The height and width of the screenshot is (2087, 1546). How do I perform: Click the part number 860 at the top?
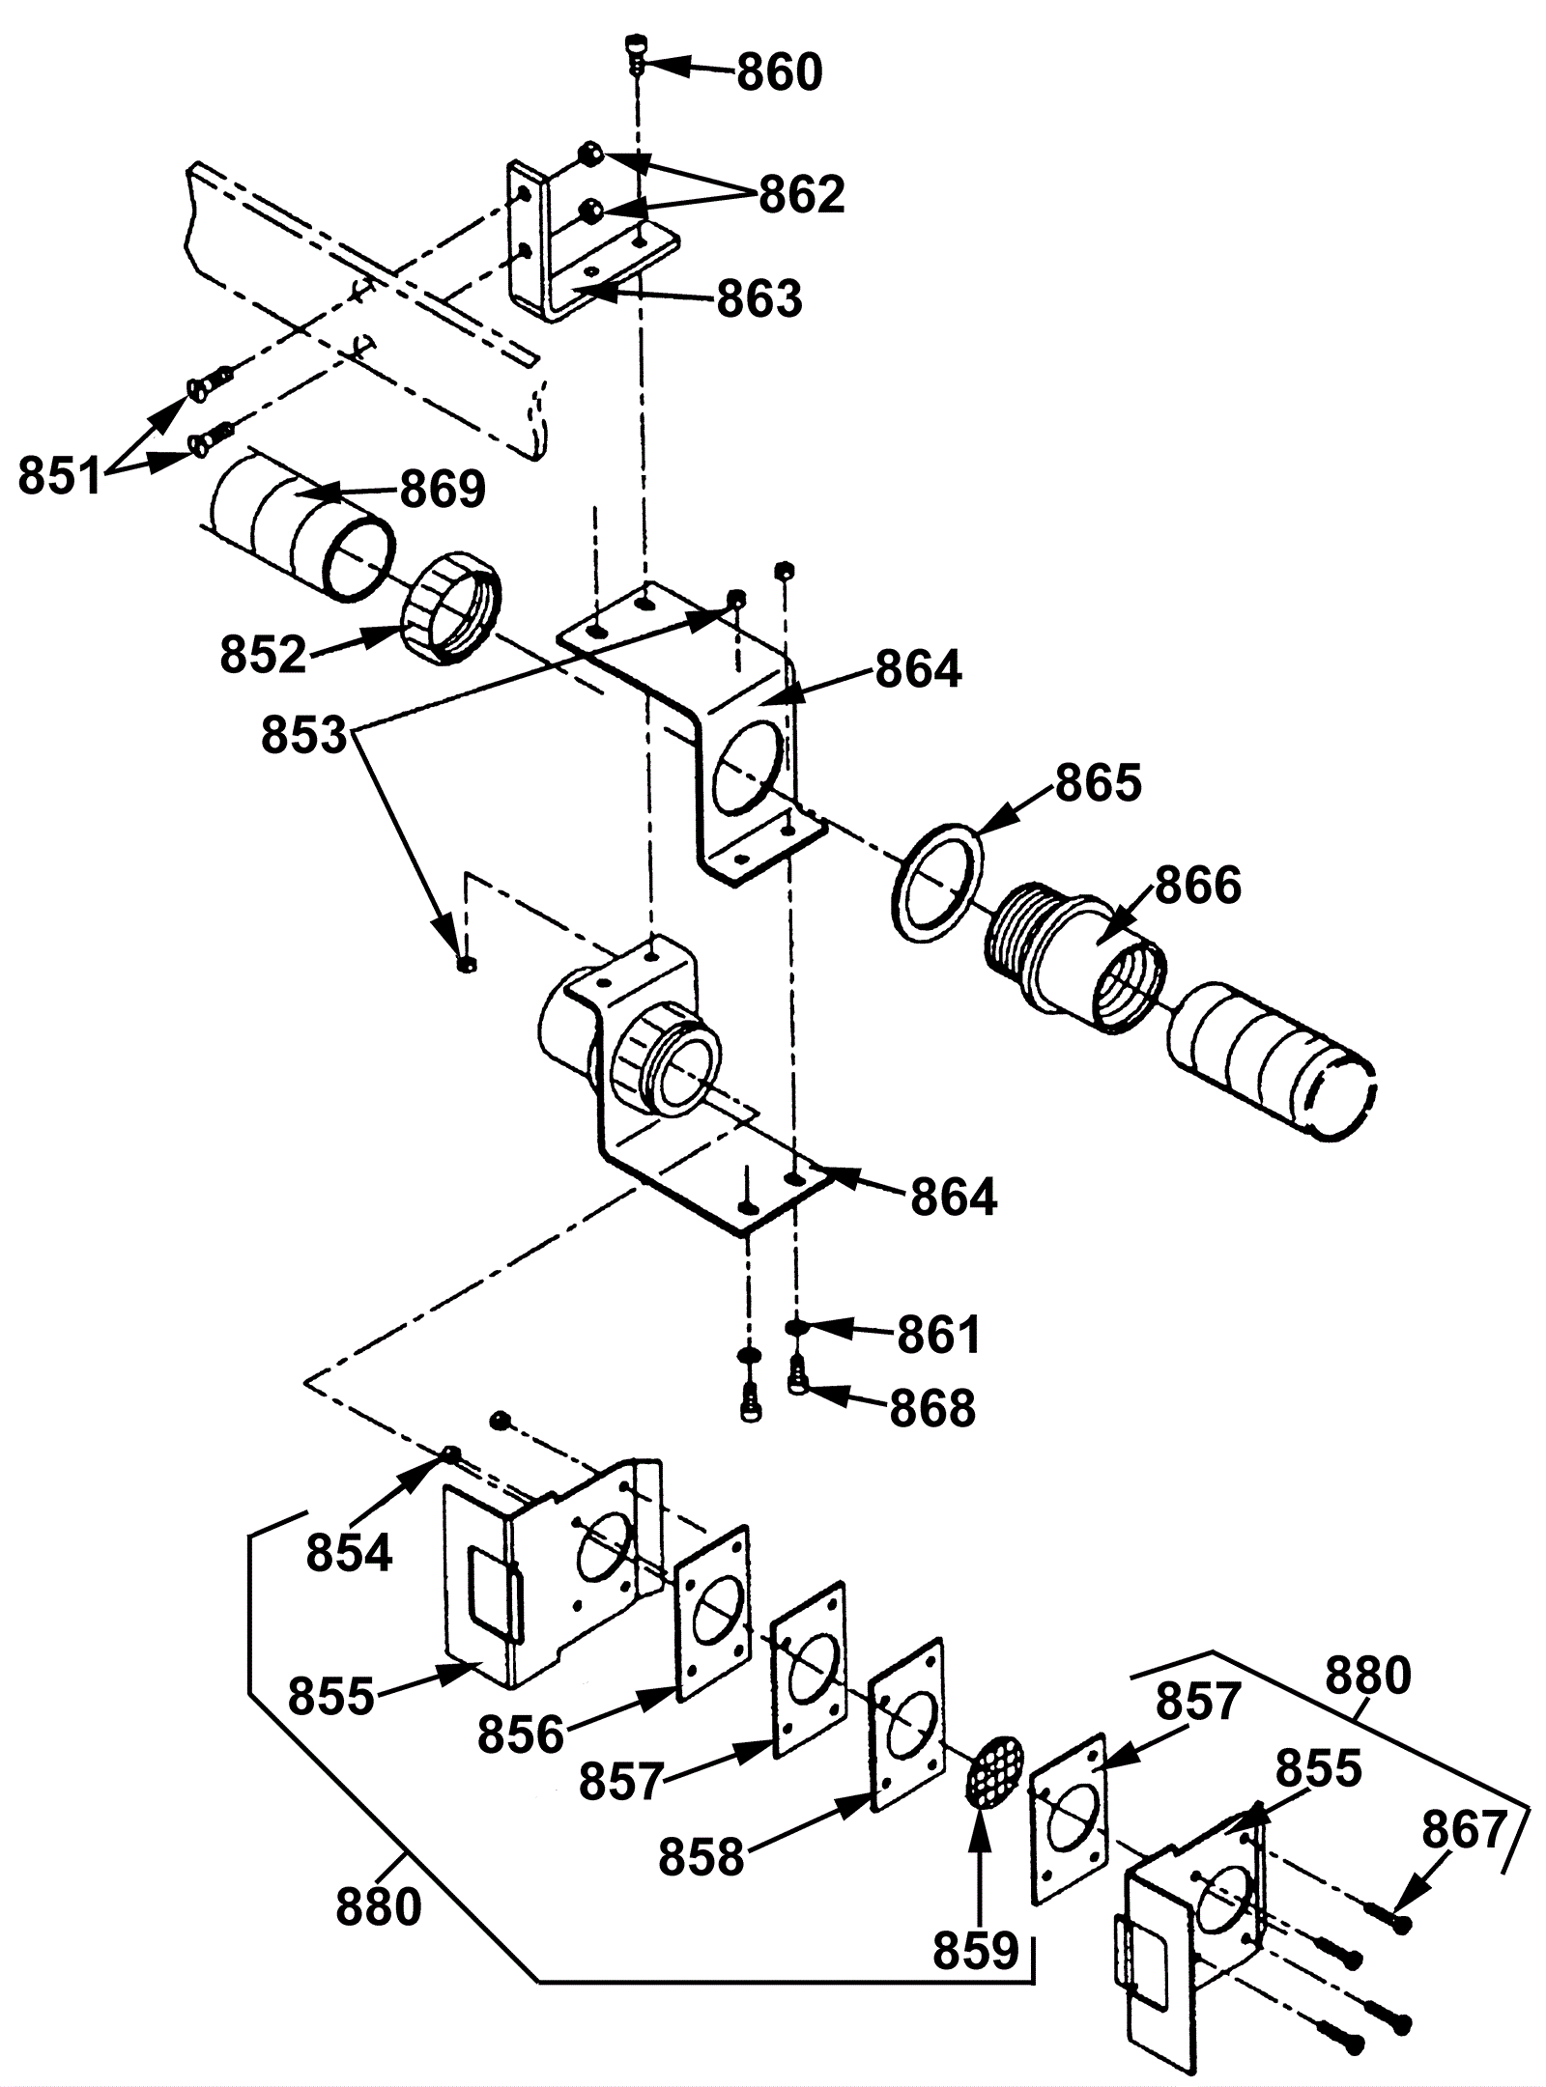tap(780, 72)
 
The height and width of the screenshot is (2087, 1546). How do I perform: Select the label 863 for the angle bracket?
tap(759, 299)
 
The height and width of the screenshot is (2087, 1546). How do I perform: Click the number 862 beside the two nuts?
tap(802, 195)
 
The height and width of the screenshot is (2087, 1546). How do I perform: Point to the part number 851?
tap(60, 477)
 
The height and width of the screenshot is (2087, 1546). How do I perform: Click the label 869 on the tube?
tap(443, 490)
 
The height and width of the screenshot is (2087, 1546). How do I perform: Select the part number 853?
tap(303, 737)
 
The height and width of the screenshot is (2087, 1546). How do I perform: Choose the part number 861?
tap(939, 1336)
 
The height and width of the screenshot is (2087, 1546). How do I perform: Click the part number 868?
tap(932, 1409)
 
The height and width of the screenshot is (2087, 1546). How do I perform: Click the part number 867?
tap(1465, 1830)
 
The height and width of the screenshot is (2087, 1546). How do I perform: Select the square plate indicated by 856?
tap(713, 1616)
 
